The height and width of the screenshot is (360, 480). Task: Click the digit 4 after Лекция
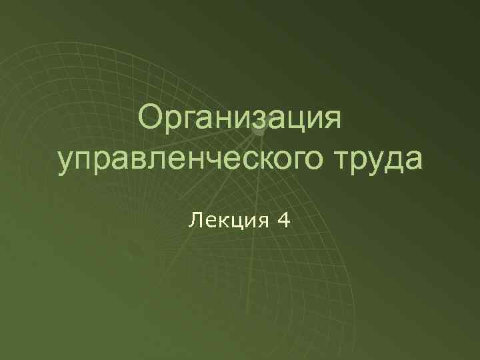(x=284, y=219)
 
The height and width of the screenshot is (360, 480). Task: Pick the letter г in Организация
(x=189, y=122)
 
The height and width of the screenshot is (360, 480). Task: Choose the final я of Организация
(x=330, y=122)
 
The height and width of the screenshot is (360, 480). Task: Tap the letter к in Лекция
(x=219, y=221)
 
